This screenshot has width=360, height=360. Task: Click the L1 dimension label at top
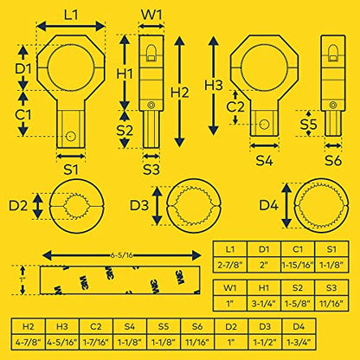pos(71,14)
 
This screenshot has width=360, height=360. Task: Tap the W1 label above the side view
pos(151,14)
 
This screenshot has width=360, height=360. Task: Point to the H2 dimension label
pos(179,93)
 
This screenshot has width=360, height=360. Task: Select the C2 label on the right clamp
pos(235,106)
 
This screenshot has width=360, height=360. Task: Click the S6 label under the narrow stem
pos(333,160)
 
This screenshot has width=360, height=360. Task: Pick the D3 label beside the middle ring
pos(139,205)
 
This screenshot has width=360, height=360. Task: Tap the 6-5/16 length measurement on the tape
pos(121,255)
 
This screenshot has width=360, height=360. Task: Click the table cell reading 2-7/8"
pos(230,265)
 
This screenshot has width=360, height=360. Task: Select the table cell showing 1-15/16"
pos(298,265)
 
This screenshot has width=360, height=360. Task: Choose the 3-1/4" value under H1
pos(264,303)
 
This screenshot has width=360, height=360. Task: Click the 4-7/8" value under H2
pos(29,342)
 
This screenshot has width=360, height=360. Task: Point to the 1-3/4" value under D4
pos(299,342)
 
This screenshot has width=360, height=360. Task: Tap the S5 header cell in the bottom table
pos(164,326)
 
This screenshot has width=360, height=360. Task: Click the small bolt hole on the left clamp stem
pos(70,136)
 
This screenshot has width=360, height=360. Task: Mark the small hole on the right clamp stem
pos(264,125)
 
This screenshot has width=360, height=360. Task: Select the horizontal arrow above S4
pos(264,145)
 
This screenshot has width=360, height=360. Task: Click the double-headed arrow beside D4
pos(286,205)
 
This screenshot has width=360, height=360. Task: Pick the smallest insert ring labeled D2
pos(76,206)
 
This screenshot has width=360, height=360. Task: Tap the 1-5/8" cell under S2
pos(298,303)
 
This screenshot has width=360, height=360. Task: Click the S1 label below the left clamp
pos(71,170)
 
